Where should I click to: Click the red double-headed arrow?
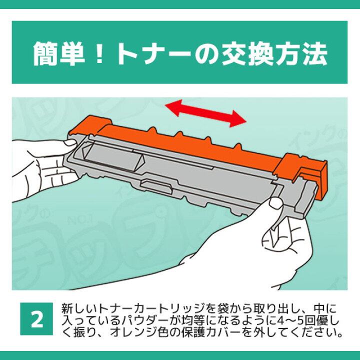[205, 113]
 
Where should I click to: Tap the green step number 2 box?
[36, 318]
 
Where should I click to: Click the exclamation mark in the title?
[100, 53]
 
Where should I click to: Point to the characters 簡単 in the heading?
[59, 53]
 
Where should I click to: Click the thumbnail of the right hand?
[275, 203]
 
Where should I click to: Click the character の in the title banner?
[205, 54]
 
